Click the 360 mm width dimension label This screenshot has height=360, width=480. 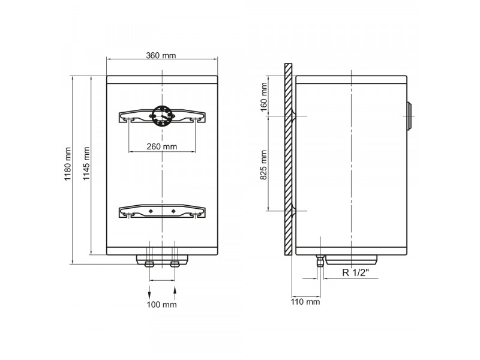(x=161, y=56)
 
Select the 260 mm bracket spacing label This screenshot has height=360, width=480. (x=162, y=146)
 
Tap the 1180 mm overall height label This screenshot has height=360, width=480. (x=68, y=165)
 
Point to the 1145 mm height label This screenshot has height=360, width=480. (x=86, y=165)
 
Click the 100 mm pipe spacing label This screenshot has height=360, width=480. (x=162, y=305)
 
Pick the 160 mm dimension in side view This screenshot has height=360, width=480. (x=264, y=96)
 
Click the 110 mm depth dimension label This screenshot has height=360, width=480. (x=305, y=302)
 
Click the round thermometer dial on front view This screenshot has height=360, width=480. (x=162, y=115)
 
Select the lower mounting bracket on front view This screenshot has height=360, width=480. (x=162, y=212)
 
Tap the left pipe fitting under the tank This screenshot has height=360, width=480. (x=149, y=263)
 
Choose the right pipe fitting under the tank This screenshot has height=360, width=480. (x=175, y=263)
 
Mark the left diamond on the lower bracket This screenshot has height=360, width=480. (x=150, y=211)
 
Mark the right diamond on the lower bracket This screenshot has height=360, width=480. (x=173, y=211)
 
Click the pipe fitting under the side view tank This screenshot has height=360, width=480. (x=320, y=260)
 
